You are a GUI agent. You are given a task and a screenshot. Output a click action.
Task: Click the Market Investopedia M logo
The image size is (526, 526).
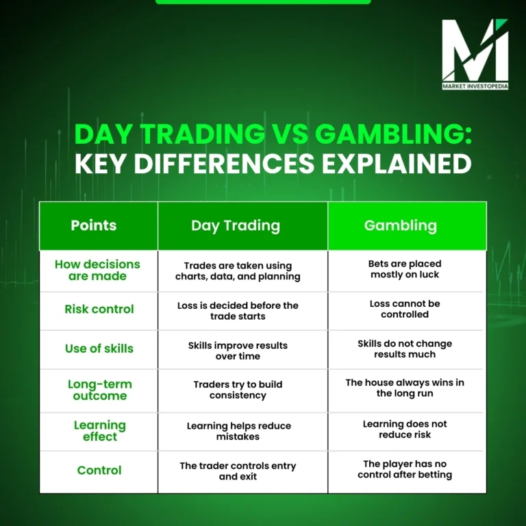(x=475, y=51)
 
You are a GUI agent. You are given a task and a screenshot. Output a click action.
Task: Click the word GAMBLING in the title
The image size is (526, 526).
(x=393, y=134)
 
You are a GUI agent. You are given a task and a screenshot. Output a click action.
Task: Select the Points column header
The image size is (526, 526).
(x=94, y=225)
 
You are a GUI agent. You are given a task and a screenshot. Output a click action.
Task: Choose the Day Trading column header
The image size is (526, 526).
(x=236, y=225)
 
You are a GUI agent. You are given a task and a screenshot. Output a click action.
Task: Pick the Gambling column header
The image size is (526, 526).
(x=401, y=225)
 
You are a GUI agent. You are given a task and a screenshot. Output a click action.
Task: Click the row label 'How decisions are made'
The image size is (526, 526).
(x=97, y=270)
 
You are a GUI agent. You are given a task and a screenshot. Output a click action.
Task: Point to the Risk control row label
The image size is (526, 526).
(x=100, y=310)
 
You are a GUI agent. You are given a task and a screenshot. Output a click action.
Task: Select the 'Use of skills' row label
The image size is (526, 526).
(x=99, y=349)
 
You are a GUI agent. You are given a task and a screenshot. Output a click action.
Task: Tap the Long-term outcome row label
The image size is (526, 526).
(x=100, y=390)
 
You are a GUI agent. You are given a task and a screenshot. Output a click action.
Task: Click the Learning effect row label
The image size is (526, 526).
(x=100, y=431)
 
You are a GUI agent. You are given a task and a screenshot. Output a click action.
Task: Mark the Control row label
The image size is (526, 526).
(x=99, y=470)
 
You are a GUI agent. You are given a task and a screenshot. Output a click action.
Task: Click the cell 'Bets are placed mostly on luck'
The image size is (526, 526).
(x=405, y=269)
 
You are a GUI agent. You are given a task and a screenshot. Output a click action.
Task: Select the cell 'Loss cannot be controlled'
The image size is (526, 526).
(x=405, y=309)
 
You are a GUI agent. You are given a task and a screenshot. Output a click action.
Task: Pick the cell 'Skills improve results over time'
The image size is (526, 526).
(x=238, y=351)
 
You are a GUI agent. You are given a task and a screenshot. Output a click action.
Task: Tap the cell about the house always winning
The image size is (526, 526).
(x=405, y=388)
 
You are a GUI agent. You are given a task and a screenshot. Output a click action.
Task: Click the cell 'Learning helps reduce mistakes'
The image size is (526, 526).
(x=238, y=431)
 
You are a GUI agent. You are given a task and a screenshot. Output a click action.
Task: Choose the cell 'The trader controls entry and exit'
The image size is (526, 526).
(x=238, y=471)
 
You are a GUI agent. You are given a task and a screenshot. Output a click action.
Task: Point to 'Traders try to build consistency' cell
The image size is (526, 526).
(x=237, y=390)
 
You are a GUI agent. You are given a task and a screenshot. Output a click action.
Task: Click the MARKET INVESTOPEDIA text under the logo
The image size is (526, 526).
(x=475, y=86)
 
